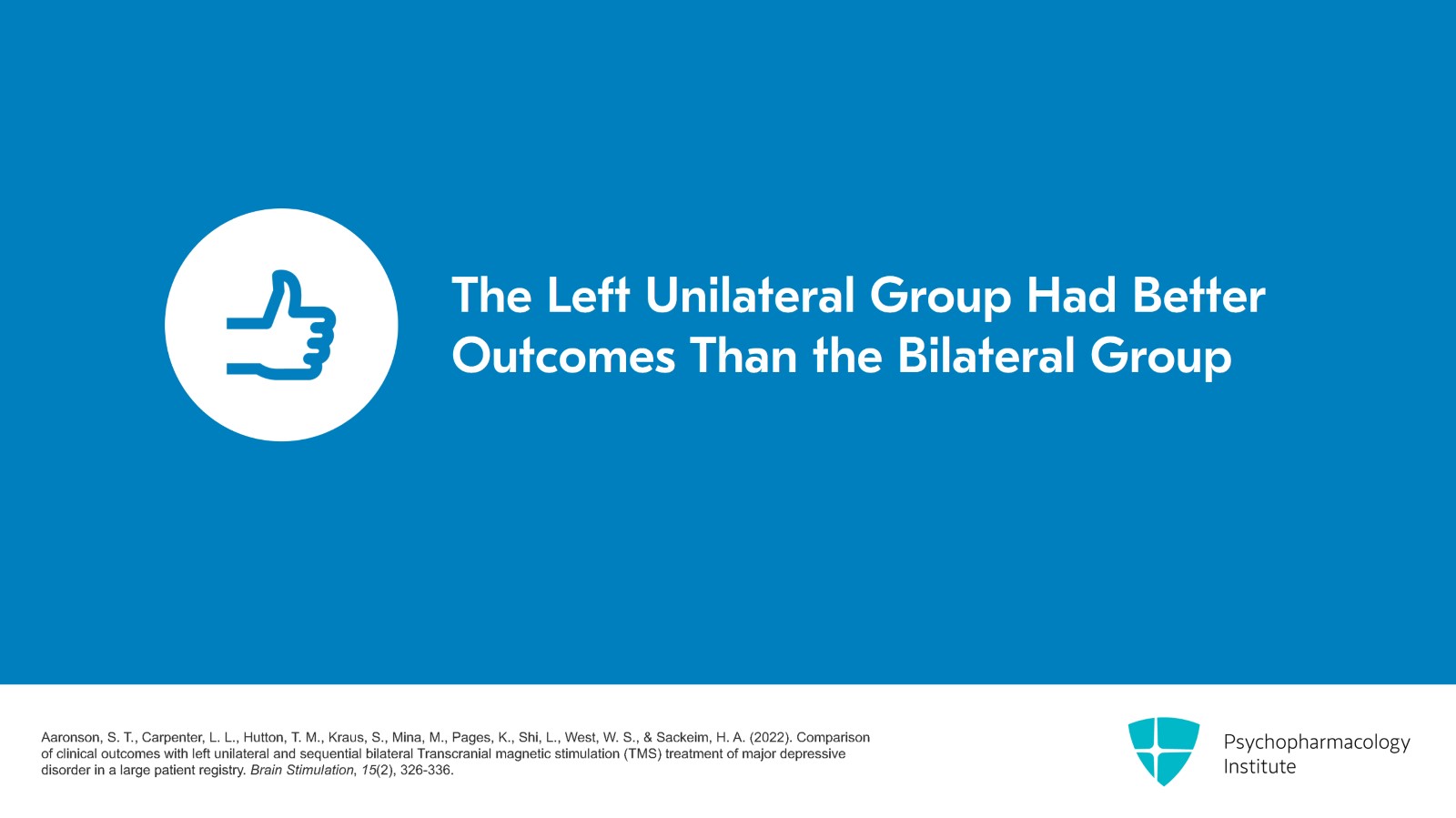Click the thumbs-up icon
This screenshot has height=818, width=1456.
[x=281, y=325]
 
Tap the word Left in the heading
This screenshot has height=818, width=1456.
[x=588, y=296]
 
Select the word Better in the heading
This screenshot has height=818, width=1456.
[x=1198, y=296]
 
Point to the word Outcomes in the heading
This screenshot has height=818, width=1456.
[x=563, y=356]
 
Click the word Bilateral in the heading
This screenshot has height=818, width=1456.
[x=986, y=356]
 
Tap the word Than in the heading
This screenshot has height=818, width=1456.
[x=743, y=356]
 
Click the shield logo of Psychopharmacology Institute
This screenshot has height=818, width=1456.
[x=1163, y=751]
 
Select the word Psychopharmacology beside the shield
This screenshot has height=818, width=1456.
[x=1316, y=742]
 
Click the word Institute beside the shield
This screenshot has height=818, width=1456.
[x=1259, y=767]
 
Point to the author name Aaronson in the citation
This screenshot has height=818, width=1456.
[x=71, y=738]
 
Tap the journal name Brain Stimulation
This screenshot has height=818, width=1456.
[x=301, y=771]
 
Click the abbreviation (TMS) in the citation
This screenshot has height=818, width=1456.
[x=642, y=754]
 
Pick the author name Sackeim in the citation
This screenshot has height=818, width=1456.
[x=683, y=738]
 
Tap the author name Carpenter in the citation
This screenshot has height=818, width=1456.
[x=170, y=738]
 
